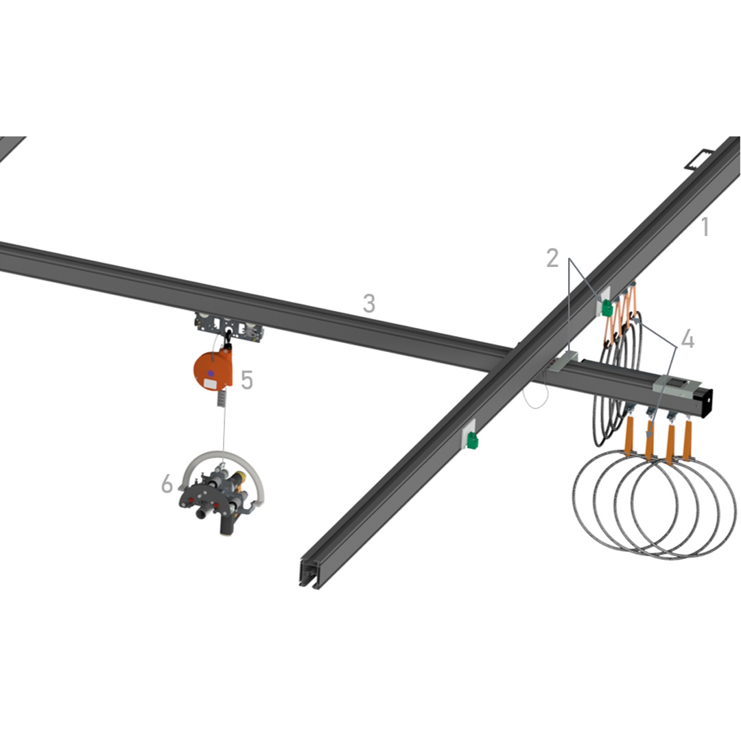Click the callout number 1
[705, 226]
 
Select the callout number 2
[552, 258]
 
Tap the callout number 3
[369, 303]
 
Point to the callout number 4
[687, 339]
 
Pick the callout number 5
[247, 379]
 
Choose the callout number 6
[167, 484]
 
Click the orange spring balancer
[213, 370]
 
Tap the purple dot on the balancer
[211, 373]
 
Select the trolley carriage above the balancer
[229, 326]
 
